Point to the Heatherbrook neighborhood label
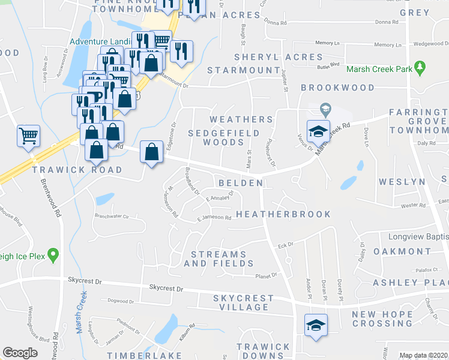pyautogui.click(x=283, y=214)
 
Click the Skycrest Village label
pyautogui.click(x=243, y=302)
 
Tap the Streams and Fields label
pyautogui.click(x=218, y=259)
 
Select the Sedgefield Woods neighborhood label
pyautogui.click(x=224, y=137)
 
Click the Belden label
pyautogui.click(x=240, y=182)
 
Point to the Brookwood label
pyautogui.click(x=337, y=88)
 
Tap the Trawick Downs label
pyautogui.click(x=263, y=351)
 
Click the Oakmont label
pyautogui.click(x=402, y=251)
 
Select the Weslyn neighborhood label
pyautogui.click(x=402, y=182)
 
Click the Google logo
pyautogui.click(x=20, y=352)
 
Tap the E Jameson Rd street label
pyautogui.click(x=214, y=218)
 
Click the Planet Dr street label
pyautogui.click(x=266, y=276)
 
